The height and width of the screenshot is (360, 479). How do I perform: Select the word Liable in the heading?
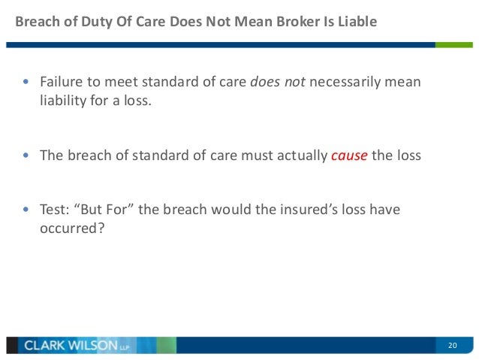coord(354,21)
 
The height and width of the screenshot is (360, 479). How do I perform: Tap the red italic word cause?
coord(348,156)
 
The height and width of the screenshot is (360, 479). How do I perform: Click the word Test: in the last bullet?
coord(56,210)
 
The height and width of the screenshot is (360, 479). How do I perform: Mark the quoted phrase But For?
coord(110,210)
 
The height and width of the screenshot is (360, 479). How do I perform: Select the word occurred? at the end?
coord(72,228)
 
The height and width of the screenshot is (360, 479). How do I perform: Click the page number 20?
coord(452,345)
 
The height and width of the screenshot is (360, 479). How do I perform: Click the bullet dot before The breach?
coord(27,156)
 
